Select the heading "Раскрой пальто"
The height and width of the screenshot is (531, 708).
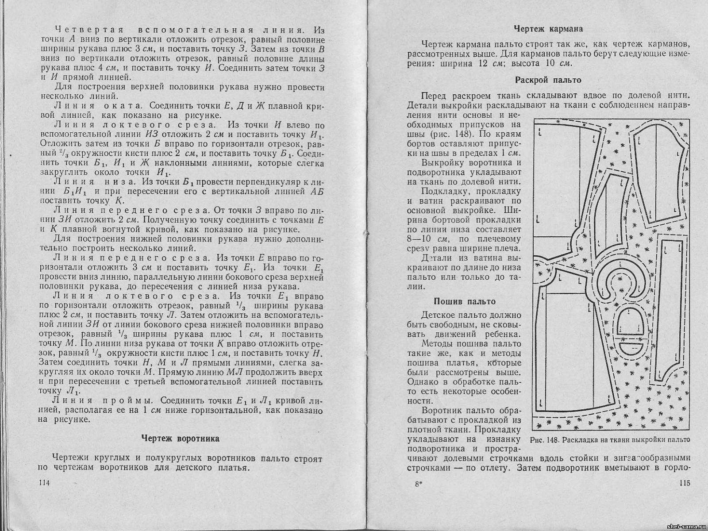(548, 80)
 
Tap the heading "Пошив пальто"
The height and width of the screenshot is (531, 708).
(464, 301)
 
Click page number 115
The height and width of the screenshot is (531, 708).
(684, 483)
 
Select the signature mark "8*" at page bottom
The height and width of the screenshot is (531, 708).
(419, 484)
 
